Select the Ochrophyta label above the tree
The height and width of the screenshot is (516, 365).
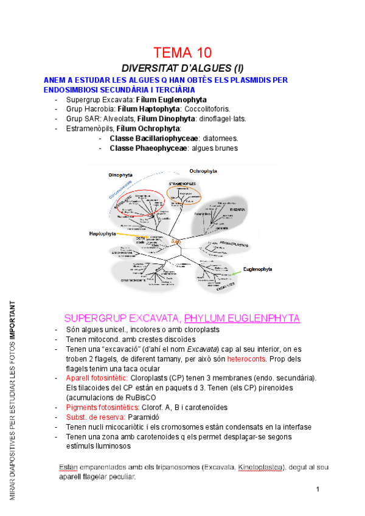[x=203, y=171]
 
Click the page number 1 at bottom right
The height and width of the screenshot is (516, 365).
[x=318, y=489]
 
